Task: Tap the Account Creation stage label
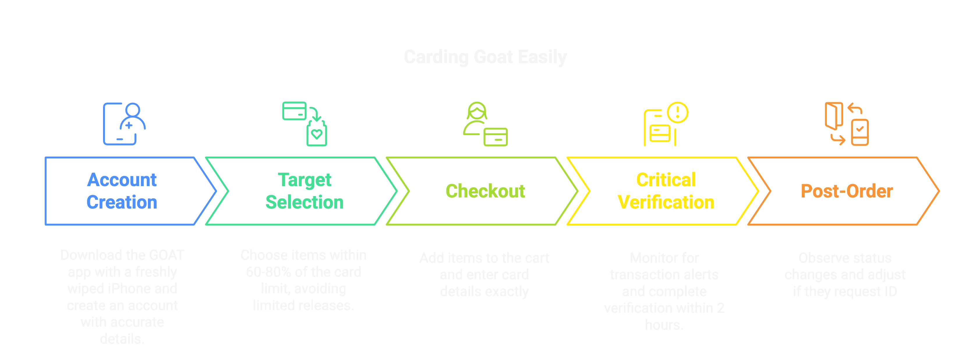tap(122, 191)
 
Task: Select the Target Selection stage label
tap(305, 191)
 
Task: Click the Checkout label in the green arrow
tap(485, 191)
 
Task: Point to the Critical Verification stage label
tap(666, 191)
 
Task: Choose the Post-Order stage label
tap(847, 191)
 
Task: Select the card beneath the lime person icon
tap(495, 137)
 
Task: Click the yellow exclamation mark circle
tap(677, 112)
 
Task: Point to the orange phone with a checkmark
tap(860, 132)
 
